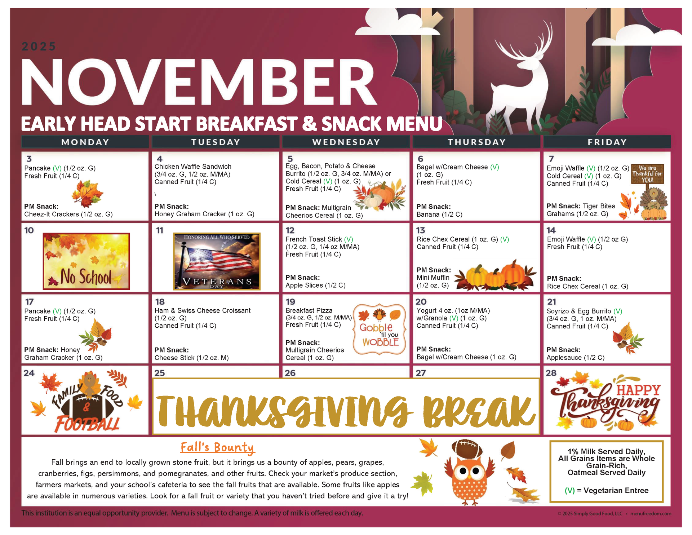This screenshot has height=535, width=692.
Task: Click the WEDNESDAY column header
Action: [346, 142]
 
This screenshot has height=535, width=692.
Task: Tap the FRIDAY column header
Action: [607, 142]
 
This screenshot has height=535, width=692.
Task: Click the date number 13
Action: [421, 230]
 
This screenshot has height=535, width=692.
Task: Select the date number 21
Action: [551, 302]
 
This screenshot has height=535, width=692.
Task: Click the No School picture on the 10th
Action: [86, 261]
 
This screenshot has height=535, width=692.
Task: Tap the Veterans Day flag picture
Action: [217, 261]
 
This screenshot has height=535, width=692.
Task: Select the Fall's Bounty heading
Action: [217, 447]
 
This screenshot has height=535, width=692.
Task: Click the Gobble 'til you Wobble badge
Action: [380, 329]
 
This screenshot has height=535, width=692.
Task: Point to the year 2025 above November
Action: [39, 47]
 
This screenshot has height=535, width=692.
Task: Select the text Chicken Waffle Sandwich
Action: [193, 167]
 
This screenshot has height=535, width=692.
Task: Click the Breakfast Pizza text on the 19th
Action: [309, 310]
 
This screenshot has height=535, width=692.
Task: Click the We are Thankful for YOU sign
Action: [647, 174]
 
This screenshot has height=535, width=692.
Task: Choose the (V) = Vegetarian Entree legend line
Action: [607, 490]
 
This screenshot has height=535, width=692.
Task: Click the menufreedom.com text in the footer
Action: [651, 513]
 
